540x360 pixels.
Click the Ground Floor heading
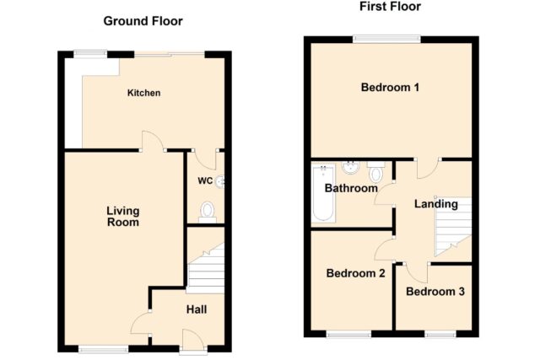pos(143,21)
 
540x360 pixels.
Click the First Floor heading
pos(390,7)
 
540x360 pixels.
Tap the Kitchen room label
pos(144,93)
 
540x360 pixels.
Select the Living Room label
pos(123,217)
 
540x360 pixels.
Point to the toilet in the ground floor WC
pos(208,212)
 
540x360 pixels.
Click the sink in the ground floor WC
pos(220,181)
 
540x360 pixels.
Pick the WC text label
pos(205,181)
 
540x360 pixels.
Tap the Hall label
pos(197,309)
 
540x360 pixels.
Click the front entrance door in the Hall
pos(193,341)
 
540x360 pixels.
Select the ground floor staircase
pos(206,268)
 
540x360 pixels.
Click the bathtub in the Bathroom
pos(323,193)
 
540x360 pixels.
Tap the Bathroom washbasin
pos(351,167)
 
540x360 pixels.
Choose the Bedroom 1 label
pos(390,88)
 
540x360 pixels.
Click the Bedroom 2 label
pos(356,273)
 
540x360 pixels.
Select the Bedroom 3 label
pos(435,292)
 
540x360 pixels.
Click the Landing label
pos(436,204)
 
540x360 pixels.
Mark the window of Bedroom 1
pos(386,39)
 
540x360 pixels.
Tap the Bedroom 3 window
pos(440,334)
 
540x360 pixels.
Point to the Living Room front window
pos(103,349)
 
